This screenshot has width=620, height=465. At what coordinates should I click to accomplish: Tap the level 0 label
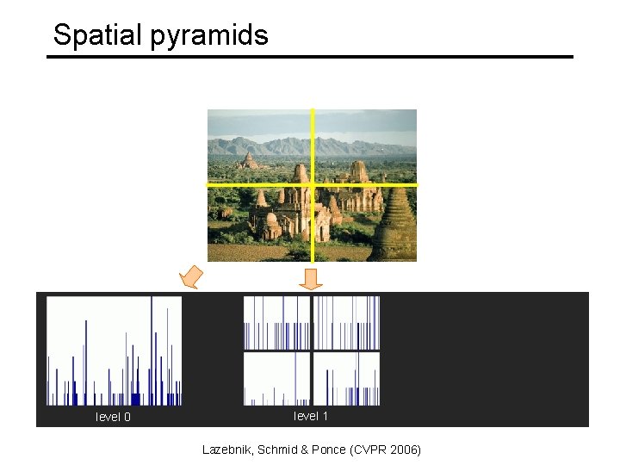[x=113, y=418]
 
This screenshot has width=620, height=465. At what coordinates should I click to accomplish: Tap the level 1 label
[x=311, y=417]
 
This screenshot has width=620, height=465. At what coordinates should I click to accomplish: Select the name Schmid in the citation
[x=281, y=449]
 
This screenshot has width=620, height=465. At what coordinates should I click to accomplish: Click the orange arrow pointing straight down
[x=312, y=278]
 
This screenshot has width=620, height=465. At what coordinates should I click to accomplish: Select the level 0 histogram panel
[x=114, y=350]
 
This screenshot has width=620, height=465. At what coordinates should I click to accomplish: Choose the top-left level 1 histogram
[x=276, y=323]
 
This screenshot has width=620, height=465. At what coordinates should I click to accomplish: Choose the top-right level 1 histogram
[x=346, y=323]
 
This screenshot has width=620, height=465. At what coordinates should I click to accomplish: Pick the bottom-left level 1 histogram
[x=276, y=379]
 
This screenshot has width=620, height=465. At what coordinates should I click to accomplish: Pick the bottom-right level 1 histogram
[x=346, y=379]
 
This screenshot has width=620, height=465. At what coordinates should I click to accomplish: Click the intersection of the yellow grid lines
[x=312, y=184]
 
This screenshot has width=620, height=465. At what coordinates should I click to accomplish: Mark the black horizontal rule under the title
[x=310, y=57]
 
